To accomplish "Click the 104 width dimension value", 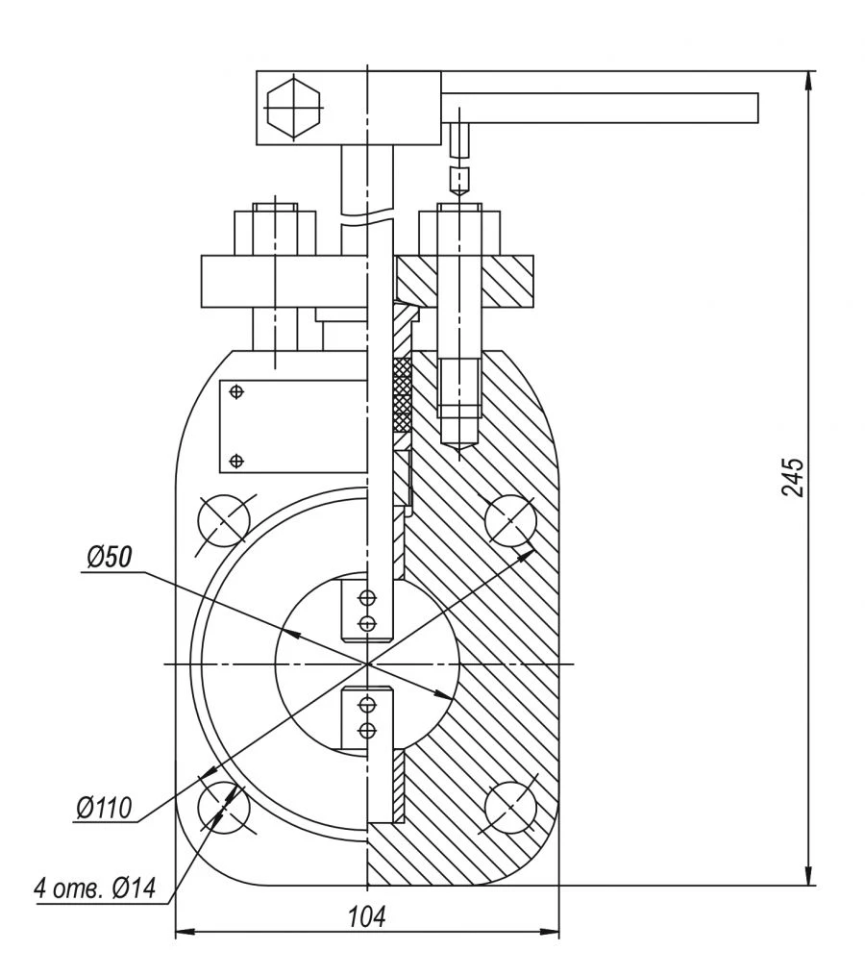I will coord(366,916).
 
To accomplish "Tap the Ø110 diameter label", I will coord(103,807).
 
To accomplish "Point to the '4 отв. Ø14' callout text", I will coord(94,888).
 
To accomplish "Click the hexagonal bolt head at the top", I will coord(292,107).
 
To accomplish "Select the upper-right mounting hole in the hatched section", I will coord(510,521).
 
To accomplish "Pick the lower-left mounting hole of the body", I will coord(223,806).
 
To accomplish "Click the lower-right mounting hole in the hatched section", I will coord(510,806).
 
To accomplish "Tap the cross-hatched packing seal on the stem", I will coord(403,394).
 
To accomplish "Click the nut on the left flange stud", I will coord(275,231).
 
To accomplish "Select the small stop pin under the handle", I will coord(459,139).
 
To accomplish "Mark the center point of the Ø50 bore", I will coord(367,663).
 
